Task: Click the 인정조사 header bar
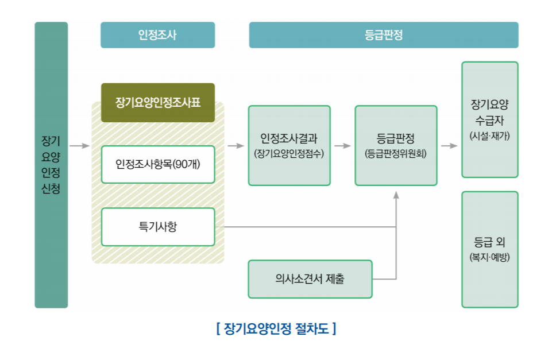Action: tap(157, 35)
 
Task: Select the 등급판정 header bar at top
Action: tap(383, 35)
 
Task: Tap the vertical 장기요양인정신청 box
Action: tap(51, 165)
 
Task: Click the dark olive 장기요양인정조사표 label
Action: tap(157, 103)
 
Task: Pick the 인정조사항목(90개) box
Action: tap(157, 164)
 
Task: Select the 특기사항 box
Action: tap(157, 226)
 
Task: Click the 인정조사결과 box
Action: tap(289, 145)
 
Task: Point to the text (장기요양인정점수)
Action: tap(289, 153)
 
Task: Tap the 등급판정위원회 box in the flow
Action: tap(395, 145)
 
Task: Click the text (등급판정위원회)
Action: tap(395, 153)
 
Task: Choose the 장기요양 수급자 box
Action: tap(489, 119)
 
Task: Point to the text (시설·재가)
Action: tap(489, 136)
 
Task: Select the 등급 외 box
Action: tap(489, 249)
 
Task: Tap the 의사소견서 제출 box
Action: tap(310, 279)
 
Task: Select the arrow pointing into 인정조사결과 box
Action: tap(236, 146)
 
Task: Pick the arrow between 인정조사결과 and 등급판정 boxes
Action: tap(342, 146)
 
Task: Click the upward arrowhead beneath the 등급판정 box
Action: tap(396, 195)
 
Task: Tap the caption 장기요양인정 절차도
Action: tap(276, 329)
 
